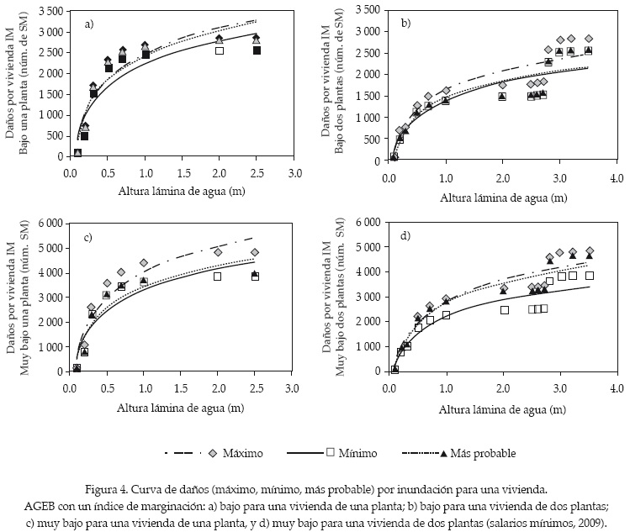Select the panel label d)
point(405,236)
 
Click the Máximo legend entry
point(240,453)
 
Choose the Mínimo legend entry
point(354,453)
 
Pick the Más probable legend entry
point(483,453)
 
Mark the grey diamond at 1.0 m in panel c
point(144,263)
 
